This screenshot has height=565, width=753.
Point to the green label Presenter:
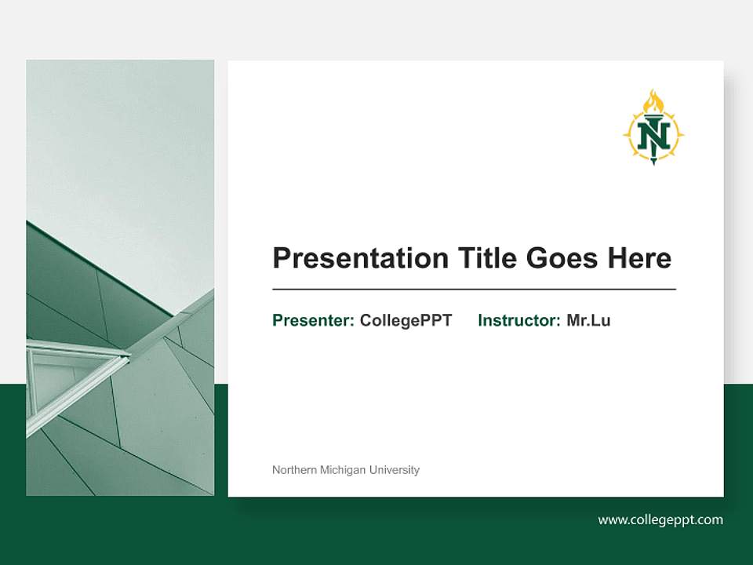pyautogui.click(x=313, y=320)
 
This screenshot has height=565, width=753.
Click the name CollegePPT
pyautogui.click(x=406, y=320)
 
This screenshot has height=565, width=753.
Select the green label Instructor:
pyautogui.click(x=518, y=320)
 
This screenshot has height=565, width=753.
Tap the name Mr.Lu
pyautogui.click(x=588, y=320)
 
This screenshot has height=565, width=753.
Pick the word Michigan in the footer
pyautogui.click(x=344, y=470)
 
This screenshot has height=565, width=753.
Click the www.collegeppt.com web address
pyautogui.click(x=660, y=519)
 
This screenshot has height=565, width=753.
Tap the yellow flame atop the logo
pyautogui.click(x=653, y=102)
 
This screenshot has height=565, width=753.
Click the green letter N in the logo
pyautogui.click(x=653, y=137)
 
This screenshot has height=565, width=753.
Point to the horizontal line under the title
pyautogui.click(x=474, y=290)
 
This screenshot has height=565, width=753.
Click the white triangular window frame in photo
pyautogui.click(x=75, y=369)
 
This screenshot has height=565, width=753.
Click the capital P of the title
pyautogui.click(x=281, y=258)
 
